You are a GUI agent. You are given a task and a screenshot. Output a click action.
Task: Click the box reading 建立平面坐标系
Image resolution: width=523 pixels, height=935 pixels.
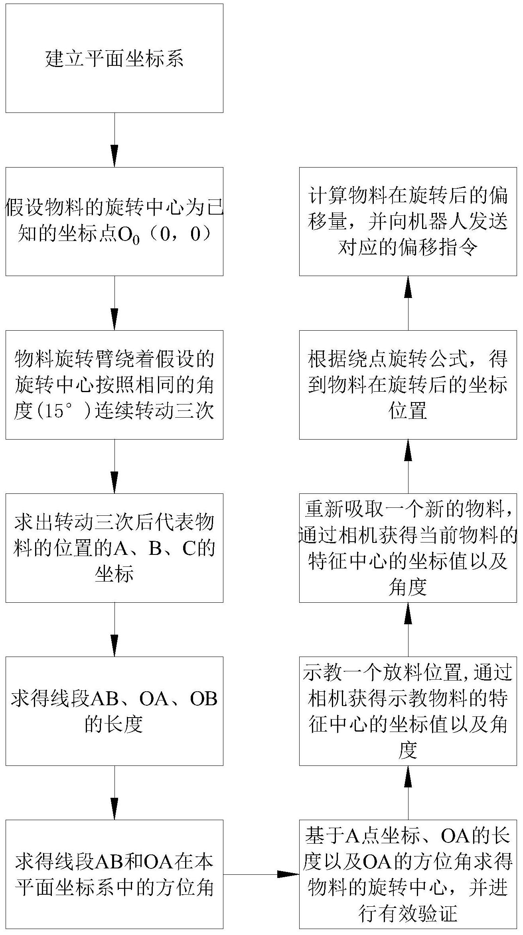click(114, 58)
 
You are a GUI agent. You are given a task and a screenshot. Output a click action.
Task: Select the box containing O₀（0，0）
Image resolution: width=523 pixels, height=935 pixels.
click(114, 221)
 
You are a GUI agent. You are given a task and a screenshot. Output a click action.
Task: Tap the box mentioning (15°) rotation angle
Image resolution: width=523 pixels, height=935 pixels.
click(114, 385)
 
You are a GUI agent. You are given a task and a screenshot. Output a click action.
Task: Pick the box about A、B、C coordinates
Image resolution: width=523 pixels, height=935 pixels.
click(114, 548)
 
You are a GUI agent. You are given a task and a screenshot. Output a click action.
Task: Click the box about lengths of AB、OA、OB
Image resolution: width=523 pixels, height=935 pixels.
click(114, 711)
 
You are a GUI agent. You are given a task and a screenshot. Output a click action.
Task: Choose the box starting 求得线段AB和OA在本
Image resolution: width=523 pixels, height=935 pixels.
click(114, 874)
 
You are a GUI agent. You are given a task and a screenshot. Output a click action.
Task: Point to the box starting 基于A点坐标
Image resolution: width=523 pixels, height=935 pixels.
click(408, 874)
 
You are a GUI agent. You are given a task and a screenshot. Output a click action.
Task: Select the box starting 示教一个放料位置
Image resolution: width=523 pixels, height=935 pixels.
click(408, 711)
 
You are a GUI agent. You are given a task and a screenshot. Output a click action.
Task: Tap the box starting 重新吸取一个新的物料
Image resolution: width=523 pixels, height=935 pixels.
click(408, 548)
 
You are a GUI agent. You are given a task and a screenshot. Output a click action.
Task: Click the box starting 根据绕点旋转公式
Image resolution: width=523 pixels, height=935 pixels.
click(408, 385)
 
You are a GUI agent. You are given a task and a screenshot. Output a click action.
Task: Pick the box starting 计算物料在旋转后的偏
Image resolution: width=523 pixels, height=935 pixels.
click(408, 221)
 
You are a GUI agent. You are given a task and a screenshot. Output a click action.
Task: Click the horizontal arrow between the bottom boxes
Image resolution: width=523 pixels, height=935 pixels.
click(261, 874)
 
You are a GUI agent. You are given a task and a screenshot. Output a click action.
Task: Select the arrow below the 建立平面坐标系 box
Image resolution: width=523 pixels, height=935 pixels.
click(114, 140)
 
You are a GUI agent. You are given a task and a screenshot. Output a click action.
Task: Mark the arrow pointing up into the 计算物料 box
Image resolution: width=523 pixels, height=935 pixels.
click(408, 303)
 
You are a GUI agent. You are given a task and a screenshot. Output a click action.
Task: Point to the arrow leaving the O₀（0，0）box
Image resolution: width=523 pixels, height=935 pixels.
click(114, 303)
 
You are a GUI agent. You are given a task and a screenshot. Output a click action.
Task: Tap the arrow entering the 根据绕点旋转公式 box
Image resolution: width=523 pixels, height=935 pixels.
click(408, 467)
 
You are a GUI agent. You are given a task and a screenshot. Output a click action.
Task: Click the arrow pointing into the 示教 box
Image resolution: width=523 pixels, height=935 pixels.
click(408, 793)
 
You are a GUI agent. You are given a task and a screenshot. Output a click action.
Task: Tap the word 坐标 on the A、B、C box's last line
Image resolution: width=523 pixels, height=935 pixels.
click(114, 574)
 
